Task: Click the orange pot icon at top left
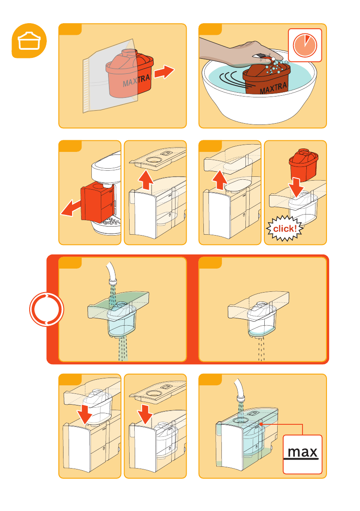(29, 41)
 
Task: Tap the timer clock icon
(305, 45)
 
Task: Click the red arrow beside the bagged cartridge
(164, 72)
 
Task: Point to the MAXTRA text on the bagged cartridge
(136, 81)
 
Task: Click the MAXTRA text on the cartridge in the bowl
(274, 88)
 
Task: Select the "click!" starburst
(285, 228)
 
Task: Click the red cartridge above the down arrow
(303, 164)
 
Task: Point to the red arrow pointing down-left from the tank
(71, 208)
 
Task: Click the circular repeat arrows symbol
(47, 309)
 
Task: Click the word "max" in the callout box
(303, 452)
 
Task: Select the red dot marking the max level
(261, 424)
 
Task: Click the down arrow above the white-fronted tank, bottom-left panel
(85, 414)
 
